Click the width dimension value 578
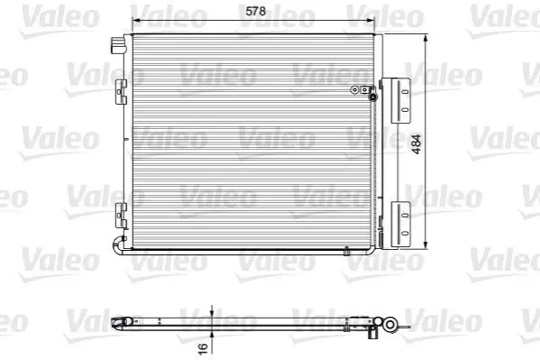[255, 11]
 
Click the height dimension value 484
[416, 144]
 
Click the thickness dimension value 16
[203, 347]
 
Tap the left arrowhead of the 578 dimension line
[137, 21]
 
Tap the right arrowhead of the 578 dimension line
[370, 21]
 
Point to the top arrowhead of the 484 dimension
[426, 39]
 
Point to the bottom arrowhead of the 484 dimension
[426, 245]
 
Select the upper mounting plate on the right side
[400, 100]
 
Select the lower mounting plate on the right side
[400, 225]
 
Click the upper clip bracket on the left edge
[121, 92]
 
